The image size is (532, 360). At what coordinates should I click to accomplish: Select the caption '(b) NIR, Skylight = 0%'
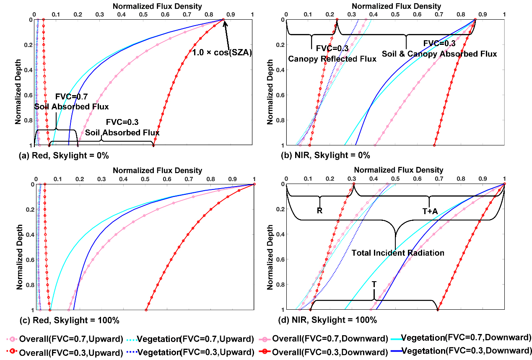[325, 155]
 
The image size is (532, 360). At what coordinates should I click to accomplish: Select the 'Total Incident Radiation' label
[397, 253]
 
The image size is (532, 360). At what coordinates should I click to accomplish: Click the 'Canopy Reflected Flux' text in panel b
[332, 59]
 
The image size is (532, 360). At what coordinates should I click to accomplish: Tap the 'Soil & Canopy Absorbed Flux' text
[439, 54]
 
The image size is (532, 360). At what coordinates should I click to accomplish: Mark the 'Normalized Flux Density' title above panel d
[398, 170]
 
